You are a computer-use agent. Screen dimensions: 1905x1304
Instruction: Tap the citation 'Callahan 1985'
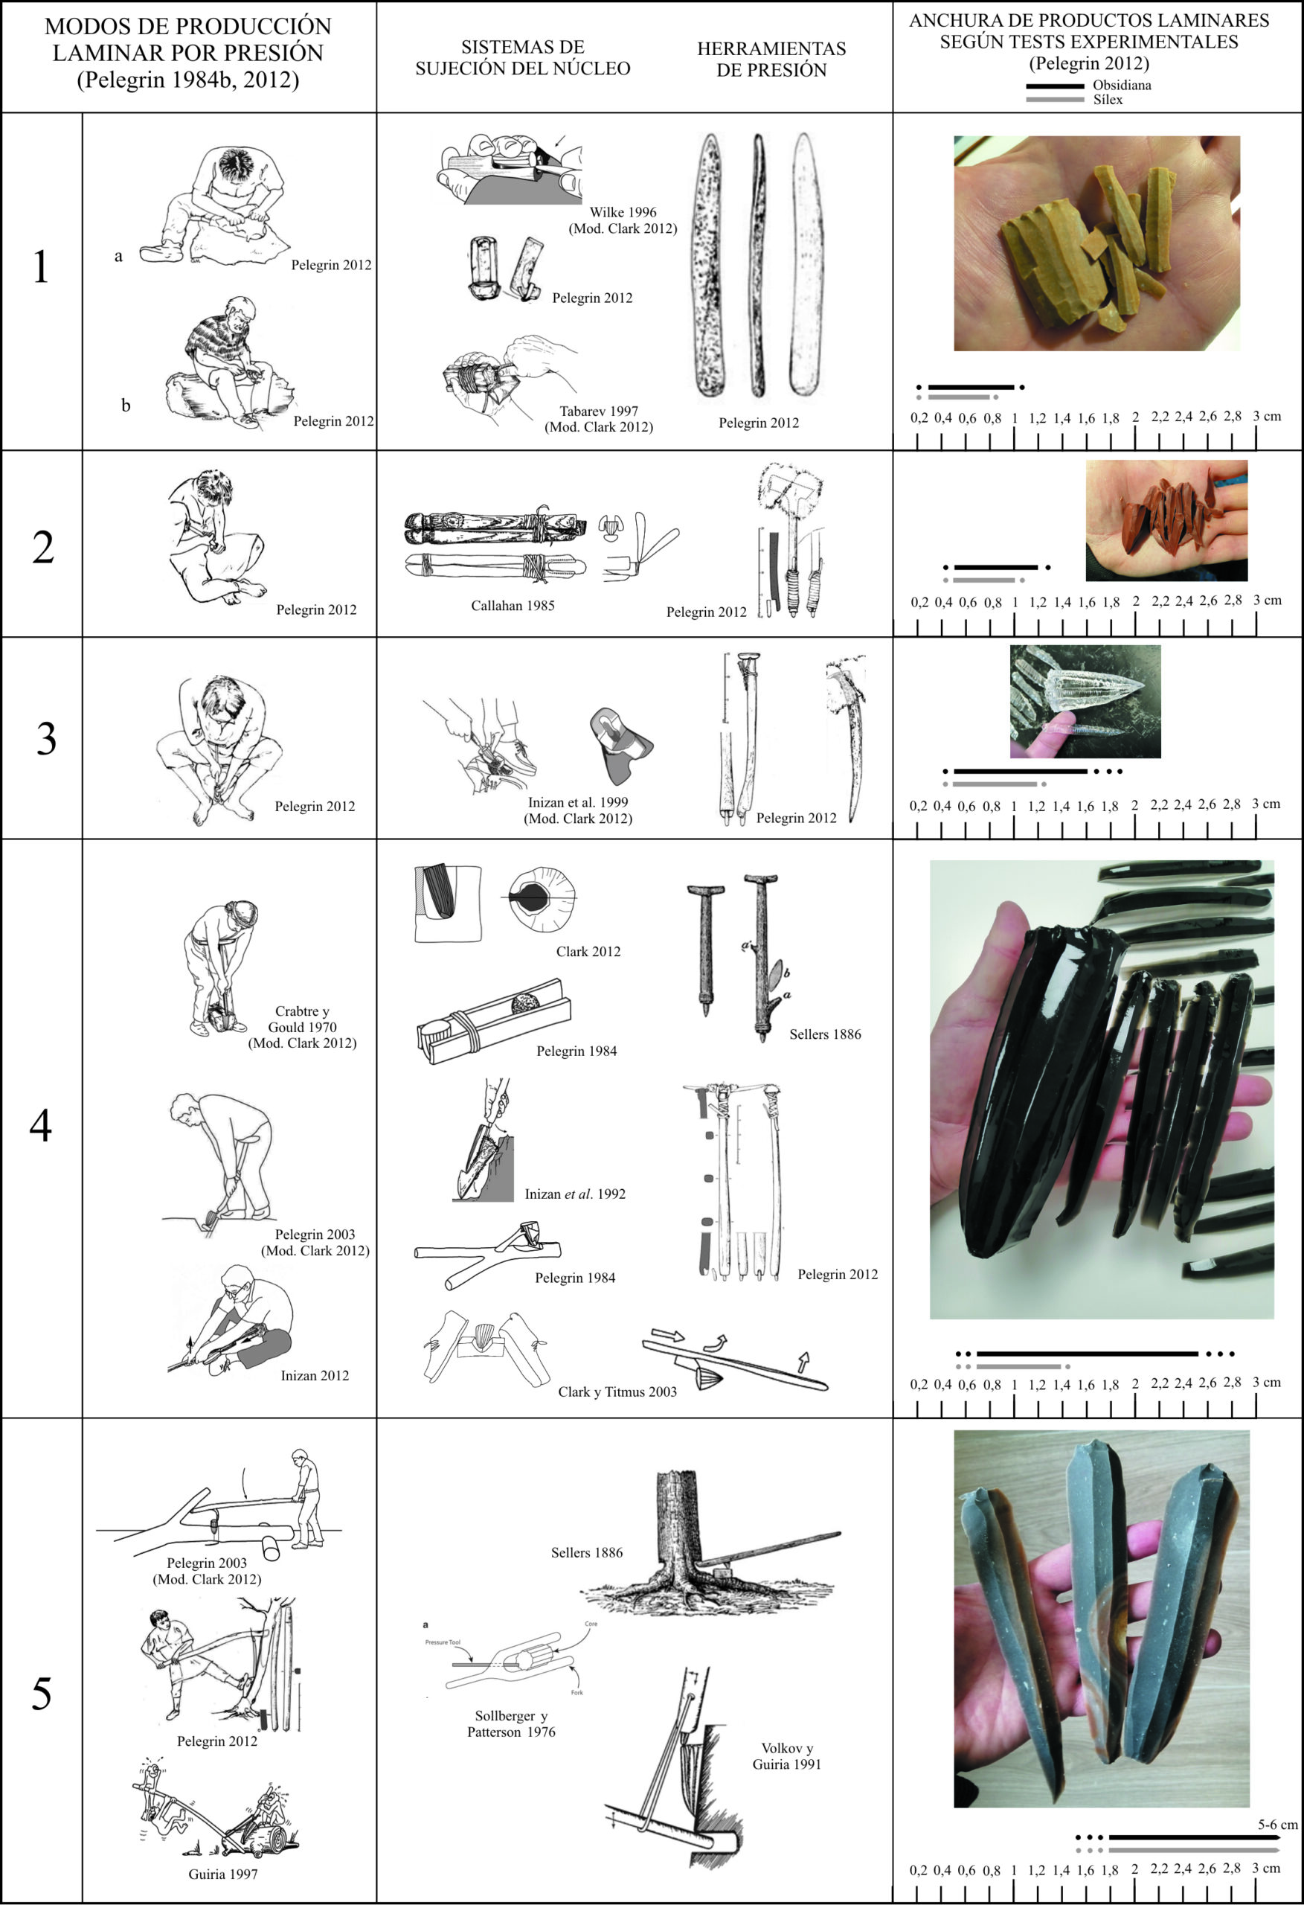(x=513, y=606)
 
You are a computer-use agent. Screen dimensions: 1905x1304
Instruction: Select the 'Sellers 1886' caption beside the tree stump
(x=587, y=1552)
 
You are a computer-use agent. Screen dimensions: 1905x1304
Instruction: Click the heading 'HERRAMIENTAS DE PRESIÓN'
(x=771, y=59)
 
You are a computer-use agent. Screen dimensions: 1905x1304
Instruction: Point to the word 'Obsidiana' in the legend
(x=1121, y=86)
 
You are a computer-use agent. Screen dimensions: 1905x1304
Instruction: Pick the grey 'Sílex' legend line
(x=1054, y=100)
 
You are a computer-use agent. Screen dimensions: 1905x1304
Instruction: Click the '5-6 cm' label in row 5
(x=1278, y=1825)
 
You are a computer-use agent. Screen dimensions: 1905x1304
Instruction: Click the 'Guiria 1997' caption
(x=223, y=1874)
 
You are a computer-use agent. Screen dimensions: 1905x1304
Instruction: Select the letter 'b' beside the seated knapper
(x=126, y=405)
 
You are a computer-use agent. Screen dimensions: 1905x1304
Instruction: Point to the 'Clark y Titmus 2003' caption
(x=617, y=1392)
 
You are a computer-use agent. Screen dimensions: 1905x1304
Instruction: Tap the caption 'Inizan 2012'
(x=315, y=1375)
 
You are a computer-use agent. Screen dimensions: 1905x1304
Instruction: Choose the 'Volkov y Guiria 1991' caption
(x=787, y=1756)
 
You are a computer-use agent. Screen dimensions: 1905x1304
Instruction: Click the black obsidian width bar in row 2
(x=996, y=567)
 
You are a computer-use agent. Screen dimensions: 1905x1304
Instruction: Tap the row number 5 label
(x=42, y=1694)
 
